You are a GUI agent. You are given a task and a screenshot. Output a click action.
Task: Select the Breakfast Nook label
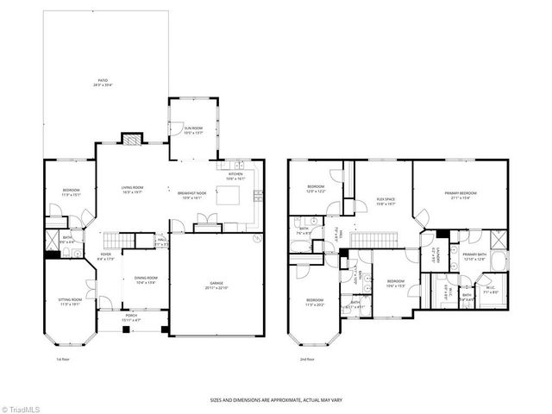(191, 195)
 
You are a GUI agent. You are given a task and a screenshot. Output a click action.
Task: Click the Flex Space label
(385, 202)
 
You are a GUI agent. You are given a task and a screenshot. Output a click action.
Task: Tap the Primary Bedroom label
(463, 195)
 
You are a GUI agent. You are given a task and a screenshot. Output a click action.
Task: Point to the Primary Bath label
(474, 256)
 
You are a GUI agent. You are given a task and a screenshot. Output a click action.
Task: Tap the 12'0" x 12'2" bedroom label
(317, 188)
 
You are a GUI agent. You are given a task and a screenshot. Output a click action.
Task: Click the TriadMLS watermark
(21, 407)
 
